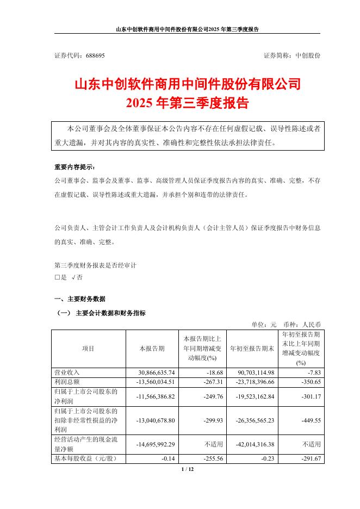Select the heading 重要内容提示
[x=74, y=167]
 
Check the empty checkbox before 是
[x=58, y=277]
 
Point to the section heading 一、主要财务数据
[x=80, y=299]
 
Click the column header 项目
[x=88, y=349]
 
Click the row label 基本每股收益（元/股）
[x=84, y=459]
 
